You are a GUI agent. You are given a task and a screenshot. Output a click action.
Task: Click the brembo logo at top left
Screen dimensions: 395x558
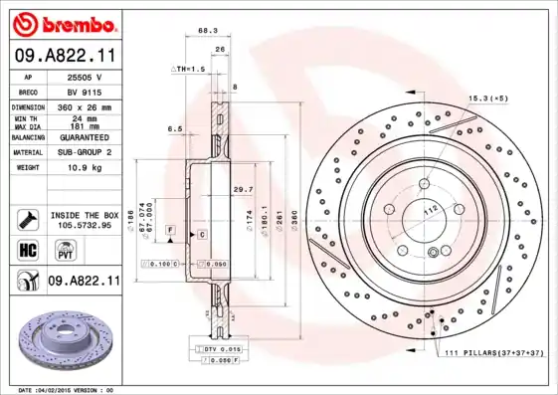(x=62, y=24)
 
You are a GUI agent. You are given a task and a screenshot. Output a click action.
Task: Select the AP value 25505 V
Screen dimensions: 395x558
(x=85, y=77)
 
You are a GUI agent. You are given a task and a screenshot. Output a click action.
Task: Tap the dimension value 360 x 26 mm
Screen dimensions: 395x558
(x=85, y=106)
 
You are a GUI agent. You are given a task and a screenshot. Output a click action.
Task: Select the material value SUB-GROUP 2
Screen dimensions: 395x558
(x=85, y=152)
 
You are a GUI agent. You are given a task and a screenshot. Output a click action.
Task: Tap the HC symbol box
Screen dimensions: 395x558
(x=27, y=248)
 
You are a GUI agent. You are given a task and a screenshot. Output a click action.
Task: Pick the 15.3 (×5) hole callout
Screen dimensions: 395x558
(x=488, y=98)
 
